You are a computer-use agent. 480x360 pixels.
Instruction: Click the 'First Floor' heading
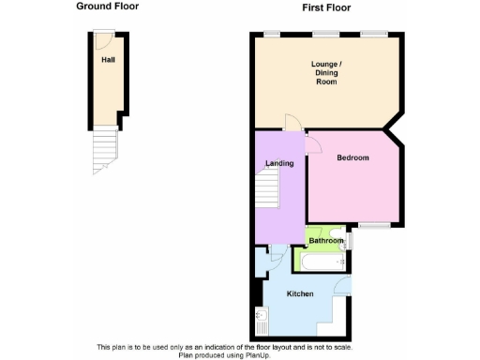[x=326, y=7]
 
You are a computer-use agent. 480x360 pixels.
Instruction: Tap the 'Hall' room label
[x=109, y=59]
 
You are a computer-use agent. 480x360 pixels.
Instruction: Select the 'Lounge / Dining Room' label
[x=326, y=73]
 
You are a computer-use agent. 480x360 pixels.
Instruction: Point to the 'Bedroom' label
[x=352, y=157]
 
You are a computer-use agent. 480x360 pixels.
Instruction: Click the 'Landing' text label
[x=279, y=163]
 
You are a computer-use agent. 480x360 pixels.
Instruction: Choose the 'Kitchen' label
[x=300, y=293]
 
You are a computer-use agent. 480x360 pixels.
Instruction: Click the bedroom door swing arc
[x=313, y=142]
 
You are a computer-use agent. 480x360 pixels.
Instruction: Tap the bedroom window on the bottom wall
[x=374, y=225]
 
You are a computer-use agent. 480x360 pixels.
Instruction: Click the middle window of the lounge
[x=325, y=34]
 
